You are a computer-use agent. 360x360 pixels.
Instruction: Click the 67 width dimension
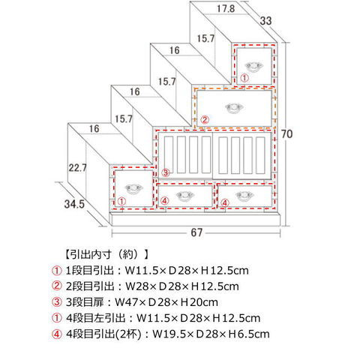point(196,232)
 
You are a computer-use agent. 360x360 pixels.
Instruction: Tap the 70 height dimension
point(286,134)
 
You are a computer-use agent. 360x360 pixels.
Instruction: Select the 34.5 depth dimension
point(74,204)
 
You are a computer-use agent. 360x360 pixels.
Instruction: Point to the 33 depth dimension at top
point(265,21)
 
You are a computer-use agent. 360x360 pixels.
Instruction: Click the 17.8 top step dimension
point(226,9)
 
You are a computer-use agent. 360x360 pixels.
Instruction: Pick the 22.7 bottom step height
point(78,167)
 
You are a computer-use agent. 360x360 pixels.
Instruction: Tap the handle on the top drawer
point(254,66)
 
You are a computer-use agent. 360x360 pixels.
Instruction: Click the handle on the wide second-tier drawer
point(234,108)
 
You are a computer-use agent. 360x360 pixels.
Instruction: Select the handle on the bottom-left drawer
point(133,189)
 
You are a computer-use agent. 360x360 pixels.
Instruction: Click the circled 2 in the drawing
point(205,120)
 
